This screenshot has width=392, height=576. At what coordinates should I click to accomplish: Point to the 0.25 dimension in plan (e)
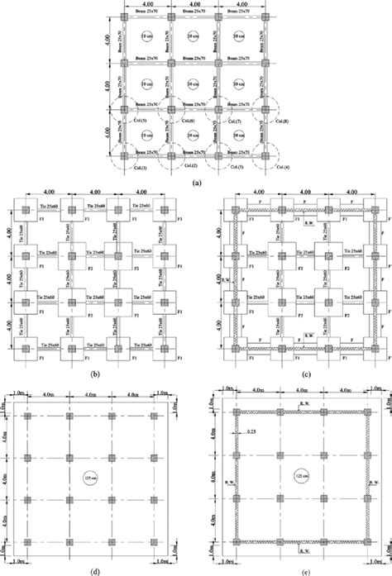246,431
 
